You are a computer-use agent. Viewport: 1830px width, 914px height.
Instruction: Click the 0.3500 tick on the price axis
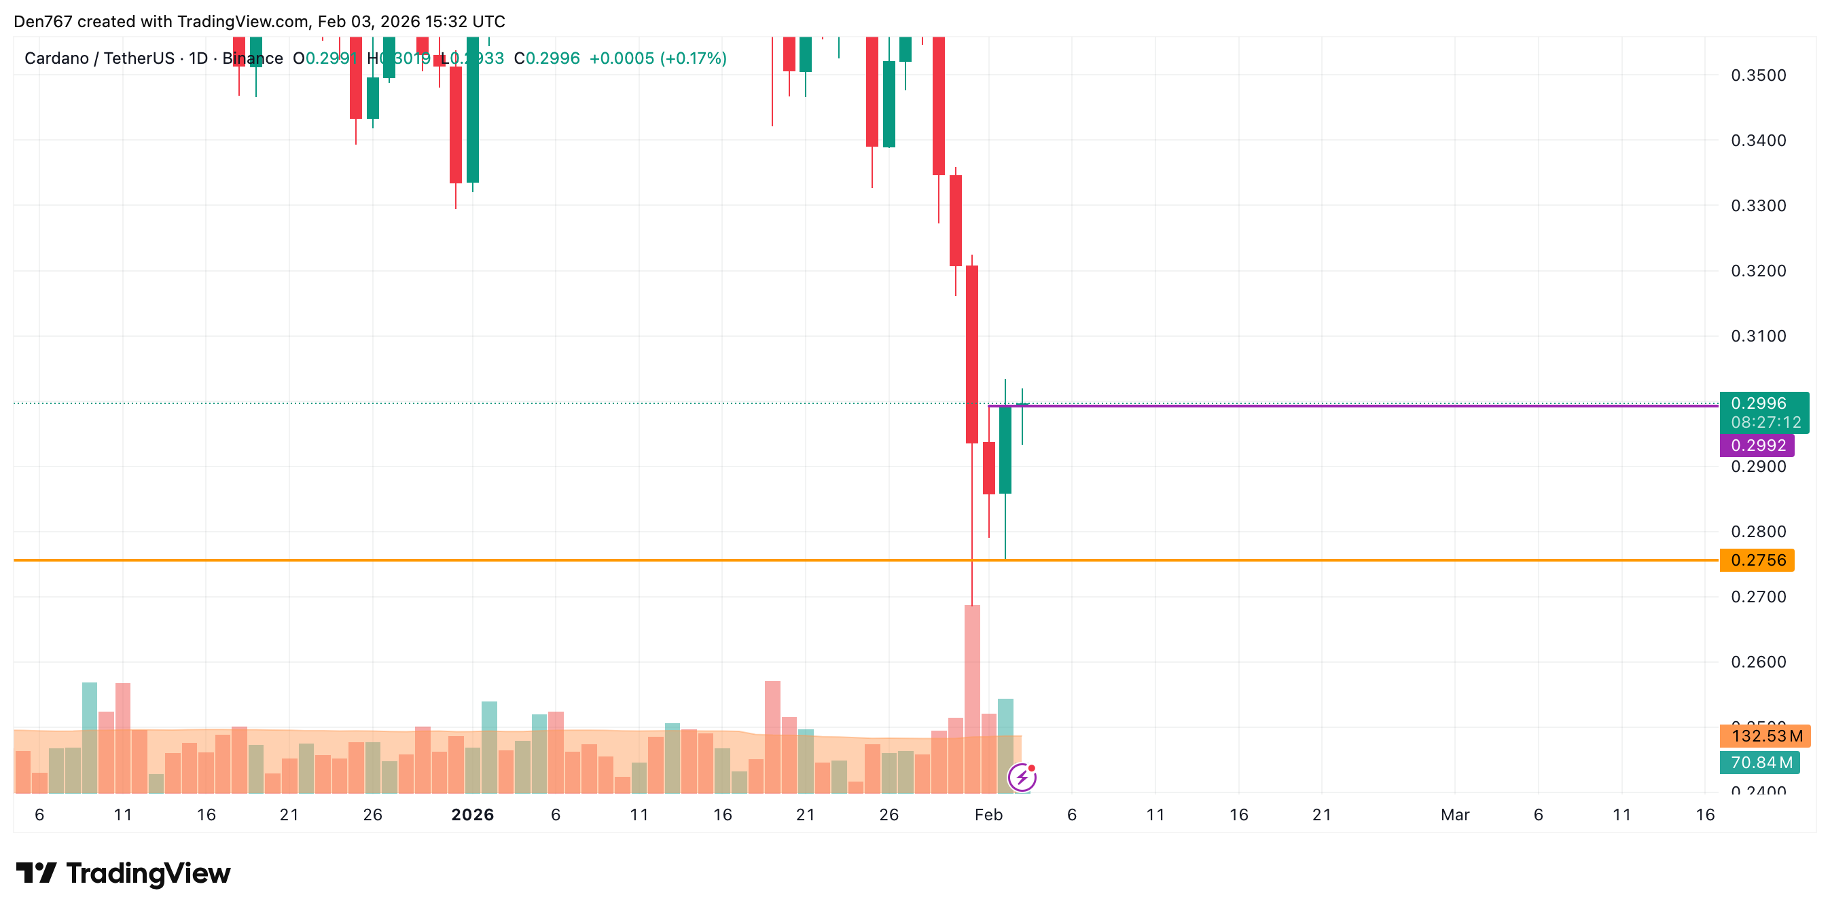click(x=1757, y=75)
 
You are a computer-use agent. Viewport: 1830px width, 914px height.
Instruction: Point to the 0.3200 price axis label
click(x=1757, y=270)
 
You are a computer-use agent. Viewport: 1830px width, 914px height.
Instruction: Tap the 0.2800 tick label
click(x=1757, y=531)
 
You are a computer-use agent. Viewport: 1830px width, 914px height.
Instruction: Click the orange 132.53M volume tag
click(x=1765, y=735)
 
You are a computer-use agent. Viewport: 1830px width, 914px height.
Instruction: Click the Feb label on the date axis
click(x=988, y=815)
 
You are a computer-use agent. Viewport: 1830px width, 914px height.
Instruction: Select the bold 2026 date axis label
click(x=472, y=815)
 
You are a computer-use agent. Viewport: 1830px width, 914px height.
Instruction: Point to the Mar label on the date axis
click(x=1454, y=815)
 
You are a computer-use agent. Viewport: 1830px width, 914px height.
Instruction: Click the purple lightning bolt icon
click(x=1022, y=778)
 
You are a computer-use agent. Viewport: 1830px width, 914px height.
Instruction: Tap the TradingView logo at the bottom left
click(x=123, y=873)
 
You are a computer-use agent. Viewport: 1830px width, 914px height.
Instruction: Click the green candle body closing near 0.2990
click(x=1005, y=449)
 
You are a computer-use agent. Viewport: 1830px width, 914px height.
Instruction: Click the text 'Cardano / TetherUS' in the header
click(x=98, y=58)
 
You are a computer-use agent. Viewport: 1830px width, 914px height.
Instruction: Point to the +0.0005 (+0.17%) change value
click(x=657, y=58)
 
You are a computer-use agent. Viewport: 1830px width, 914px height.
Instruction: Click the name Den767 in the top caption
click(x=43, y=21)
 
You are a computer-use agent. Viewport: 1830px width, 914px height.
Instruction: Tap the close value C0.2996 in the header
click(x=546, y=58)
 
